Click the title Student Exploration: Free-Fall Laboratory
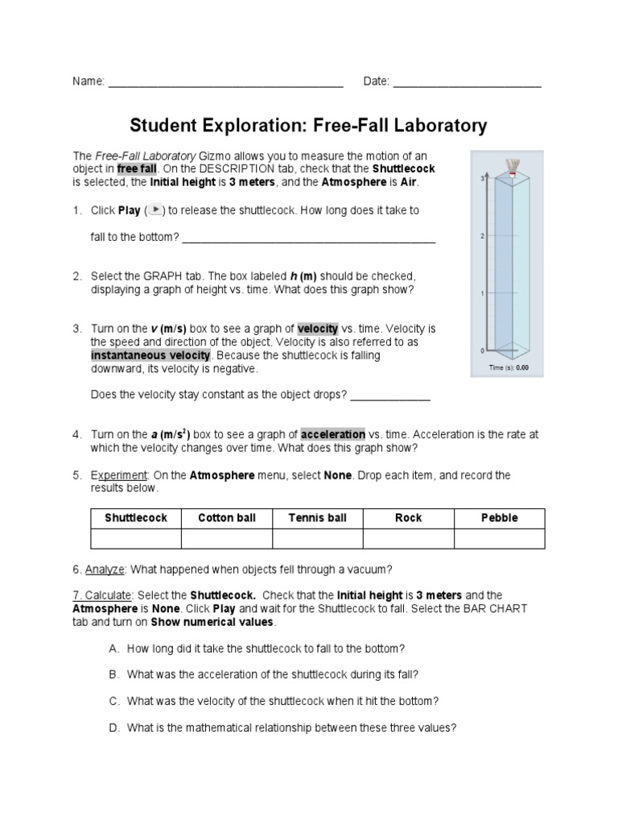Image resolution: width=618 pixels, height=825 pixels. coord(309,126)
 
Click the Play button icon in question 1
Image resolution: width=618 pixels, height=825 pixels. coord(154,210)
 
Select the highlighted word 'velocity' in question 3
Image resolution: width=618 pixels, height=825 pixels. coord(318,329)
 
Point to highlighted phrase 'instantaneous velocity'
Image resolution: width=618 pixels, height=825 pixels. coord(150,355)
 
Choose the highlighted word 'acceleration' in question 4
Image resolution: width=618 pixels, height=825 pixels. coord(333,434)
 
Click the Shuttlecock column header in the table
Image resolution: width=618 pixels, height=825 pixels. coord(136,518)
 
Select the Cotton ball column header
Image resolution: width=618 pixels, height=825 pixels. coord(227,518)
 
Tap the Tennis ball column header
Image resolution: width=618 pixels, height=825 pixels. coord(318,518)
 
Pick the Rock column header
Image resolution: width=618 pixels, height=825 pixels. coord(409,518)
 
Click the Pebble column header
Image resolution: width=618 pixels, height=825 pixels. coord(500,518)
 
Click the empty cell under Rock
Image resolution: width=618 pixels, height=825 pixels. coord(409,538)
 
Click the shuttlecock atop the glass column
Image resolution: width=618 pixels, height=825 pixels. coord(512,166)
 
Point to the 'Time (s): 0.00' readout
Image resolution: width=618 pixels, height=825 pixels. coord(509,367)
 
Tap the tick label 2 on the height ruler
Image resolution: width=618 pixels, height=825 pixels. coord(481,236)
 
